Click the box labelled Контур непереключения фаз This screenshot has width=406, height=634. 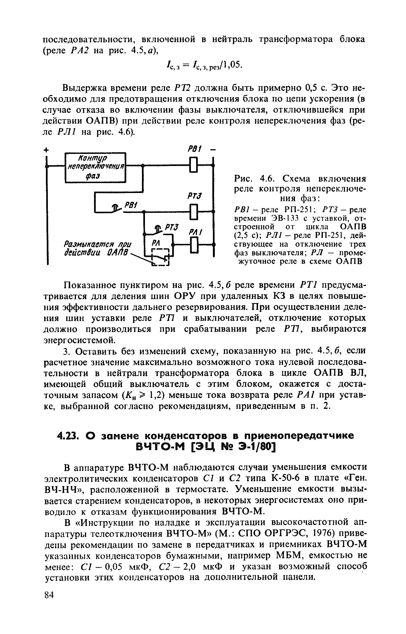click(95, 168)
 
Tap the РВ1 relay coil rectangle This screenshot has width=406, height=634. click(194, 165)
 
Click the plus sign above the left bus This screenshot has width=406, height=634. click(47, 150)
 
